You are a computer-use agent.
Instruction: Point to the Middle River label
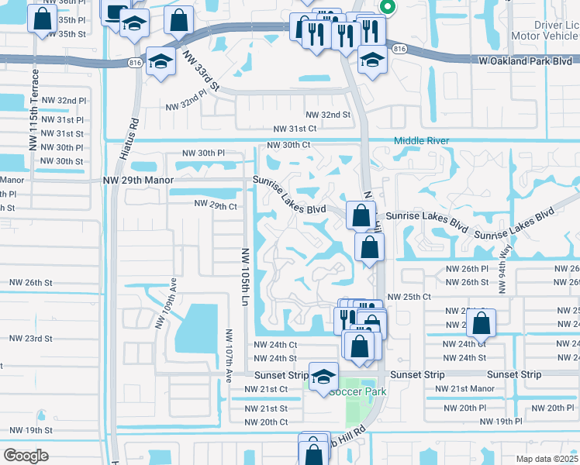click(x=421, y=140)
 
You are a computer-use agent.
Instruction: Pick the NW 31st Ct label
click(x=295, y=129)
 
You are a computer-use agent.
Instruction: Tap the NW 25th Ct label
click(x=409, y=297)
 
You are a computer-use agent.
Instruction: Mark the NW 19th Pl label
click(x=501, y=421)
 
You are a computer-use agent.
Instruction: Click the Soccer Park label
click(x=358, y=391)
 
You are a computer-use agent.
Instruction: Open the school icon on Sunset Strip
click(x=324, y=377)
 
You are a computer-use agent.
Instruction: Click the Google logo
click(x=26, y=455)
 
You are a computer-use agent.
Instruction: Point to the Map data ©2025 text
click(x=546, y=459)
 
